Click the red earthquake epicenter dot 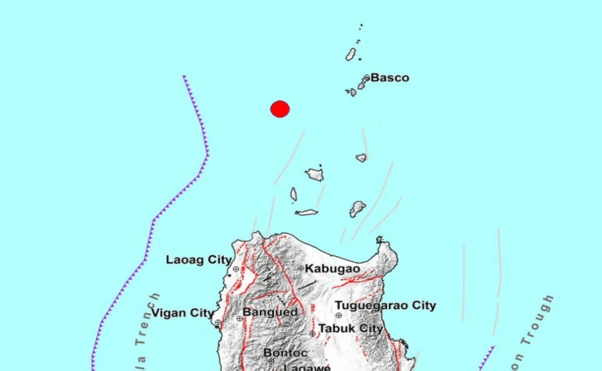point(280,109)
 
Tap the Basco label point(390,78)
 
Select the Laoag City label point(199,260)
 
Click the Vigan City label point(183,313)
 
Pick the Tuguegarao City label point(385,305)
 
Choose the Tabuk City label point(351,329)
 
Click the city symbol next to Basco point(367,77)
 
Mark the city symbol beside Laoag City point(236,269)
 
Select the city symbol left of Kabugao point(301,269)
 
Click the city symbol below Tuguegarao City point(339,315)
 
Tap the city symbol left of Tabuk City point(313,333)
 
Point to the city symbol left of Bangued point(239,318)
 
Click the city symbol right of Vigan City point(218,322)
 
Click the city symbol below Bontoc point(271,361)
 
